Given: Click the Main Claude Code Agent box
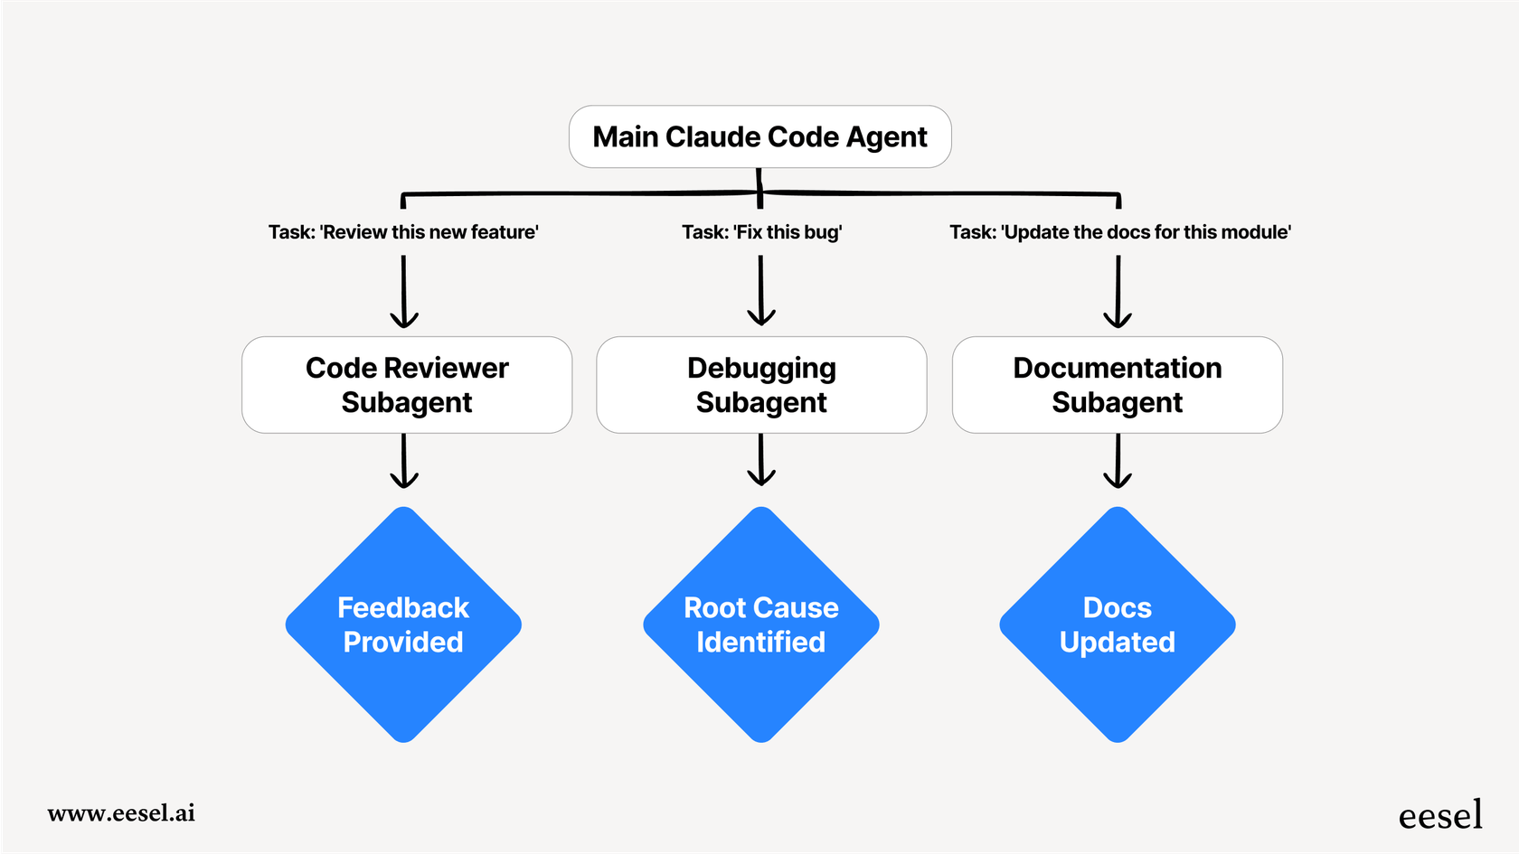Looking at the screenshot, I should [x=759, y=136].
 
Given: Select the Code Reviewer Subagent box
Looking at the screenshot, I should [x=407, y=385].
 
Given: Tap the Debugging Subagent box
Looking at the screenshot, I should [x=761, y=385].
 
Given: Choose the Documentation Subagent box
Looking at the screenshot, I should [x=1117, y=385].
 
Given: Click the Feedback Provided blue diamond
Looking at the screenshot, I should [x=403, y=624].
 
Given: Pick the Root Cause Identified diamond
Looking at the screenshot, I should [x=761, y=624].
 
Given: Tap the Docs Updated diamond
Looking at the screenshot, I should [x=1118, y=624].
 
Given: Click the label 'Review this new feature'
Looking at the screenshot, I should [x=403, y=232].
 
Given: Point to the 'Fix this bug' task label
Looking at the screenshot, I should [x=761, y=232].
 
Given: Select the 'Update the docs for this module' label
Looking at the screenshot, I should [x=1119, y=232].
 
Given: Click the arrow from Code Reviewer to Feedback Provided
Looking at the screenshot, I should [x=403, y=461].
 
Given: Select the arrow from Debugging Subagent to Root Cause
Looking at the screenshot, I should [x=761, y=460].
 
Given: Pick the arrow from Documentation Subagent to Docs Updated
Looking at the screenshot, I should [x=1118, y=461].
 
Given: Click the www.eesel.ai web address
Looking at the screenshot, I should [x=121, y=812].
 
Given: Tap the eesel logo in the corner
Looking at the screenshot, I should [x=1439, y=815].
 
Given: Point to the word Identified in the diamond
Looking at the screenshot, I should [x=760, y=642].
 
